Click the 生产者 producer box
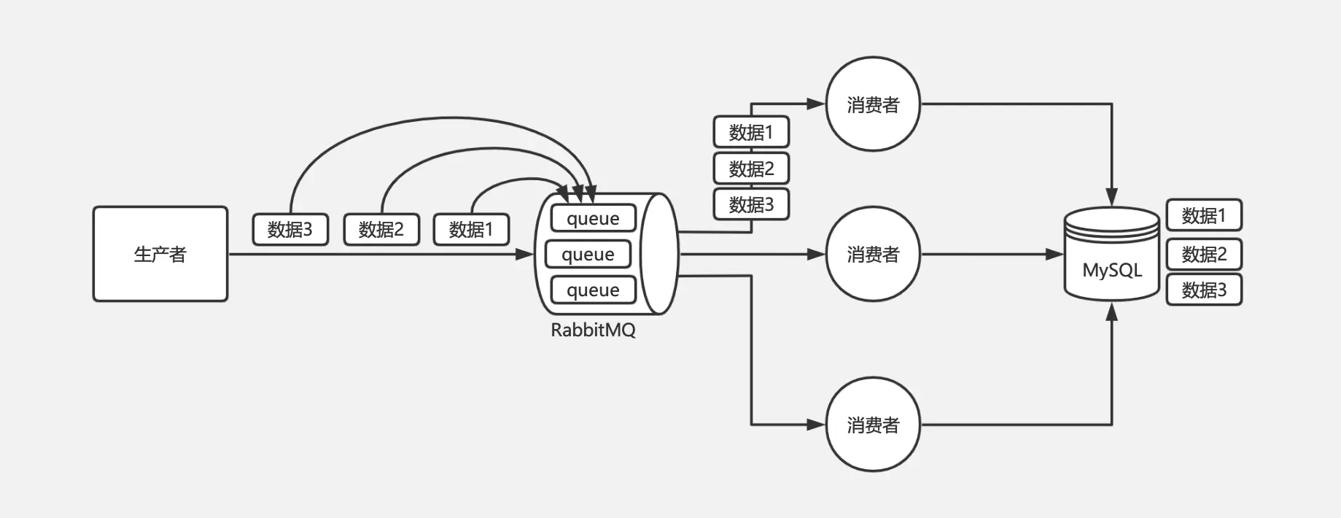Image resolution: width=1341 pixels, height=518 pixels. point(160,254)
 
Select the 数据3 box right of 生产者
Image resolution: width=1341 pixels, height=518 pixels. point(290,229)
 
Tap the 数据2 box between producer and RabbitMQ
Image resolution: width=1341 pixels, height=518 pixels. point(381,229)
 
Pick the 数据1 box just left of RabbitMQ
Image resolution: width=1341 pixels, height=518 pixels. point(471,229)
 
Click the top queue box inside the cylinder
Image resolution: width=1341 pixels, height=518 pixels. point(593,218)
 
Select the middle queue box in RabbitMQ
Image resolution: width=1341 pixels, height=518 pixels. point(588,254)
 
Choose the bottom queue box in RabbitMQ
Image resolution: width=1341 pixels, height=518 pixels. point(593,290)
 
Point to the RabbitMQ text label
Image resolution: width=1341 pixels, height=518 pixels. point(593,330)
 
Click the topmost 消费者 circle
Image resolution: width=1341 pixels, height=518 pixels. point(873,104)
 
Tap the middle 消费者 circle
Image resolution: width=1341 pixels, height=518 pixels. point(873,254)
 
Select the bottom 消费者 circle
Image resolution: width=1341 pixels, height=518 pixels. point(873,425)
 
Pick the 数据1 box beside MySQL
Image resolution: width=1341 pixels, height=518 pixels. point(1204,215)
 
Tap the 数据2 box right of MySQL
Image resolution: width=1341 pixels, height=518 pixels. point(1204,254)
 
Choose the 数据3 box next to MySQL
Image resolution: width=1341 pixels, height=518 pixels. point(1204,290)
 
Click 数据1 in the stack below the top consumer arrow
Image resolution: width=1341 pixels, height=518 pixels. point(751,132)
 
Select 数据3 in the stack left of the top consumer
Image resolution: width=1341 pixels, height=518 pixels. point(751,204)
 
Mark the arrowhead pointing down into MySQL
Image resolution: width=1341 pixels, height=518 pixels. point(1111,197)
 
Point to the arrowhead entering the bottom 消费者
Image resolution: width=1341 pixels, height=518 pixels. point(817,425)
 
